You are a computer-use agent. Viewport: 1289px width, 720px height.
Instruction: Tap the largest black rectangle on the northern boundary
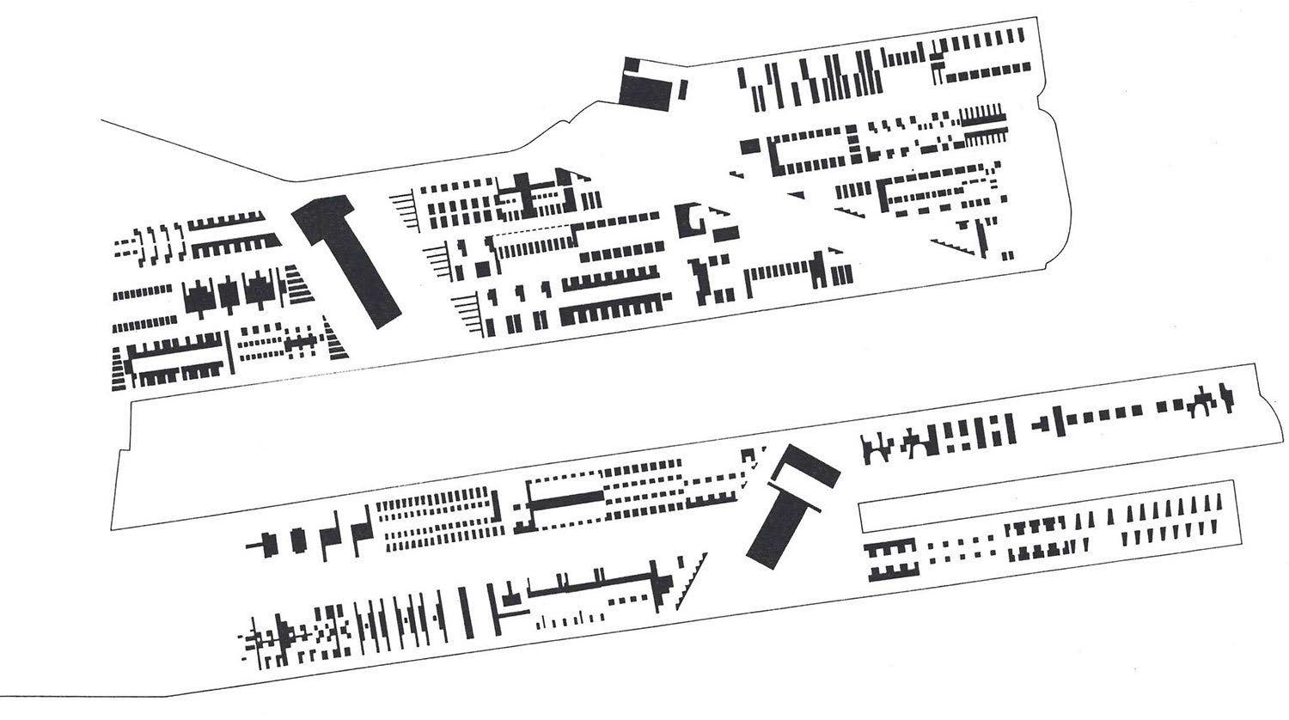(645, 89)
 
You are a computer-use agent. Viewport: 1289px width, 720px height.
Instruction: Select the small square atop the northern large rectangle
(631, 65)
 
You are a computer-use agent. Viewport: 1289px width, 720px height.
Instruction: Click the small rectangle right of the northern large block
(683, 88)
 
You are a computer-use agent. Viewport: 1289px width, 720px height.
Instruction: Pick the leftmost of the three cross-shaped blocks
(200, 296)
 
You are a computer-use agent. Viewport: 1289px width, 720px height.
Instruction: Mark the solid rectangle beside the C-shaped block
(725, 233)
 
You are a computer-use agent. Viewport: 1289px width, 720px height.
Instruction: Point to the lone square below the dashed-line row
(484, 269)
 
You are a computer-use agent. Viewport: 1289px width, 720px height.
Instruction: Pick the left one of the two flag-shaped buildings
(330, 535)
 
